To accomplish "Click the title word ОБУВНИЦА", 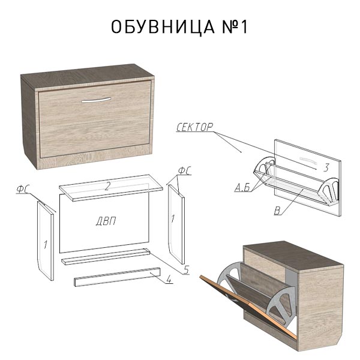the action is coord(163,27).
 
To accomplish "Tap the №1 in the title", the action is coord(235,27).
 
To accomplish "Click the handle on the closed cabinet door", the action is coord(96,100).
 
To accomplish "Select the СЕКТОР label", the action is coord(194,127).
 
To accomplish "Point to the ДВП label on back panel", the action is coord(106,221).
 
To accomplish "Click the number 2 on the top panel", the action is coord(107,186).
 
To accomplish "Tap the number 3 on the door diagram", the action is coord(326,167).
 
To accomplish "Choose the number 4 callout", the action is coord(169,279).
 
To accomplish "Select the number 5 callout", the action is coord(186,269).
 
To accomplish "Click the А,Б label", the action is coord(242,188).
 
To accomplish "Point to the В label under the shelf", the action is coord(277,211).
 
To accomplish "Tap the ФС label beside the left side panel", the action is coord(22,189).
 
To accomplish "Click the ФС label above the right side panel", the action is coord(185,171).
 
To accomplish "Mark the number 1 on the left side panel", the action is coord(46,245).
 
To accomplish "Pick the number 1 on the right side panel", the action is coord(173,218).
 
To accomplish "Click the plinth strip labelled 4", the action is coord(117,277).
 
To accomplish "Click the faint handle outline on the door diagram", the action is coord(308,161).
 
